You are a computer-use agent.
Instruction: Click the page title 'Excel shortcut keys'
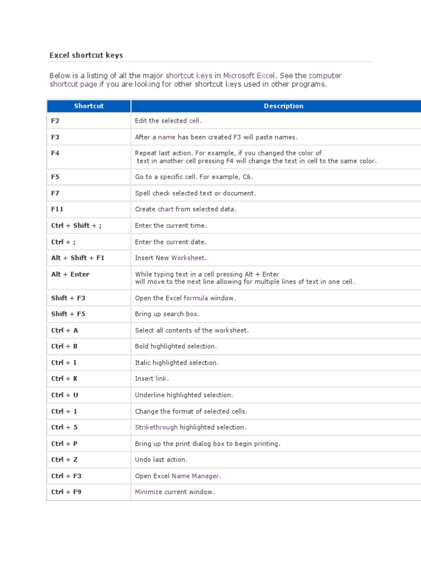86,55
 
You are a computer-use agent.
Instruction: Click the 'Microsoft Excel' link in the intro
249,76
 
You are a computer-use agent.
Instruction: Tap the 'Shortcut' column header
89,106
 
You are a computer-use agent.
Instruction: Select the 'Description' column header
283,106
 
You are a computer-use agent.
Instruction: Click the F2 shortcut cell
55,121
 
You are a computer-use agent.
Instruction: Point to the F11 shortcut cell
58,209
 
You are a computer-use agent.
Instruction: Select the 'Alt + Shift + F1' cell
78,258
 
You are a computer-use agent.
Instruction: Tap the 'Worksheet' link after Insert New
189,258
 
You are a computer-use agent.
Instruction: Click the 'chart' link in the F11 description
166,209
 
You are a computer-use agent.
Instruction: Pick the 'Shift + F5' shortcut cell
69,314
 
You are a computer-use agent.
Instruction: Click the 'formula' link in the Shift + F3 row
196,299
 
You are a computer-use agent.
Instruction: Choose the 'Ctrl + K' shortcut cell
65,379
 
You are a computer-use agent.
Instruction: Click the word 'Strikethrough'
156,427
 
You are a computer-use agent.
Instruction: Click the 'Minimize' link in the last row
149,492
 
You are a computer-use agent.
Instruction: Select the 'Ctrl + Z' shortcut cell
65,460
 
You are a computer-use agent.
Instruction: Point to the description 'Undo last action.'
161,460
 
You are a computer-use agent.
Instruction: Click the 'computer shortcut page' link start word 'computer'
325,76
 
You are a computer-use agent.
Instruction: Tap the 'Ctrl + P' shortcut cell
65,444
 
